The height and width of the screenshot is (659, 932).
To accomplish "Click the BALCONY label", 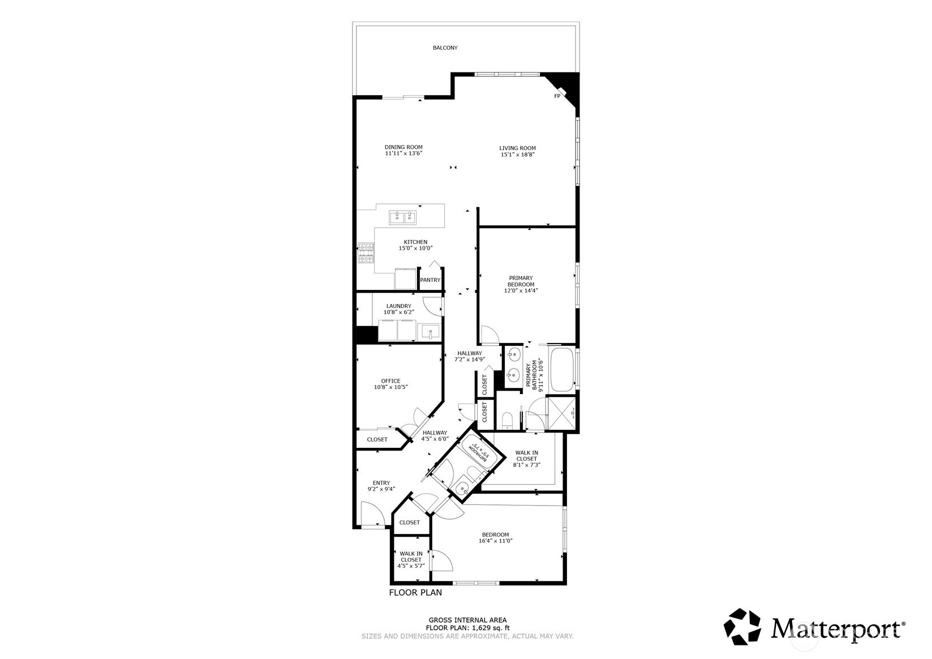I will pyautogui.click(x=445, y=48).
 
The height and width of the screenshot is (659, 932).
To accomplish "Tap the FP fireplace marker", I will pyautogui.click(x=557, y=96).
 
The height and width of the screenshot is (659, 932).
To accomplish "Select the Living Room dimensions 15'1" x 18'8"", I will pyautogui.click(x=517, y=155).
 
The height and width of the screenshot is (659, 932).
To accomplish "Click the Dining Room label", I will pyautogui.click(x=403, y=147).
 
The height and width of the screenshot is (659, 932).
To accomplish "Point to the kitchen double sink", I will pyautogui.click(x=403, y=217).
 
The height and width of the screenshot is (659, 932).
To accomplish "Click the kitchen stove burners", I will pyautogui.click(x=366, y=253).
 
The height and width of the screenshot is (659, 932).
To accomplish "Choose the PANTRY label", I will pyautogui.click(x=430, y=280).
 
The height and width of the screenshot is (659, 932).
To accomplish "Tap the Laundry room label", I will pyautogui.click(x=398, y=306).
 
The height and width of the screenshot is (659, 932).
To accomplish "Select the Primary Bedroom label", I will pyautogui.click(x=521, y=281).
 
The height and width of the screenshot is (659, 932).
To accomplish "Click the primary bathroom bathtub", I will pyautogui.click(x=562, y=370).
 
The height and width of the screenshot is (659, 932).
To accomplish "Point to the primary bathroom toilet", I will pyautogui.click(x=508, y=421).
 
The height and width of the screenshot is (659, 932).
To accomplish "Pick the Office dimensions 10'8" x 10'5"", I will pyautogui.click(x=390, y=387).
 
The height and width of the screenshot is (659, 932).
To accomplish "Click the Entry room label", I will pyautogui.click(x=381, y=483).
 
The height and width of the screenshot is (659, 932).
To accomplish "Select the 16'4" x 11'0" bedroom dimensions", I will pyautogui.click(x=495, y=541).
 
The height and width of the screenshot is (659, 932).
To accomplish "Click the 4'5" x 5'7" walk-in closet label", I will pyautogui.click(x=411, y=559).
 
